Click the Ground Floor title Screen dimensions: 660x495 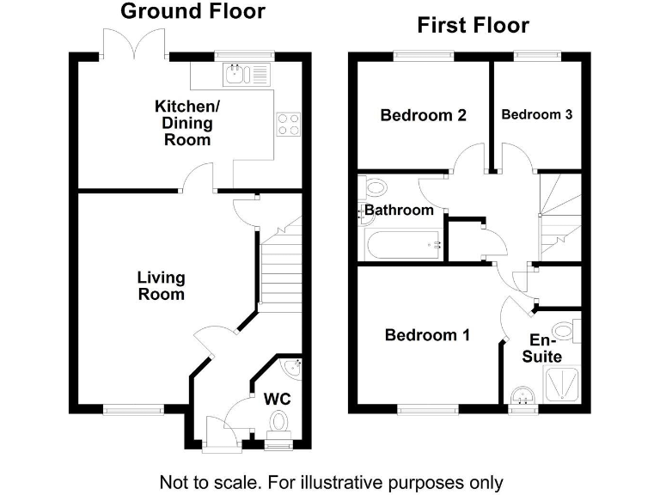coord(192,11)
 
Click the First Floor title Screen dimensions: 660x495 coord(474,25)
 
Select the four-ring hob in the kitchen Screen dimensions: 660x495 coord(289,124)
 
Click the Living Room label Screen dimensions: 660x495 coord(162,286)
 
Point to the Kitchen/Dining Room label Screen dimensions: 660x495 coord(187,123)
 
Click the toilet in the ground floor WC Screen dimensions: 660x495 coord(278,422)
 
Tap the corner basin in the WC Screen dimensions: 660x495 coord(290,369)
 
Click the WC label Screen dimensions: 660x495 coord(277,399)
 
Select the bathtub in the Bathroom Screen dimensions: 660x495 coord(404,246)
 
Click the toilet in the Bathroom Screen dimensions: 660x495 coord(373,187)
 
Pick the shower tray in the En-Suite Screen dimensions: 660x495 coord(562,383)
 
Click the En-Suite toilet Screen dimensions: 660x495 coord(567,331)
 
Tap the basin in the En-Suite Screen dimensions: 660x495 coord(523,396)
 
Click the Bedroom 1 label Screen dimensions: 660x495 coord(427,335)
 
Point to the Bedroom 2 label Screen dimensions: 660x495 coord(424,115)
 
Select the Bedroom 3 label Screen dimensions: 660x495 coord(536,114)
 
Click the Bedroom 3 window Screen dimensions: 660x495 coord(537,55)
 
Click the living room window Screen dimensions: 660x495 coord(133,409)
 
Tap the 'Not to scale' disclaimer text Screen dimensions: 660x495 coord(331,482)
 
